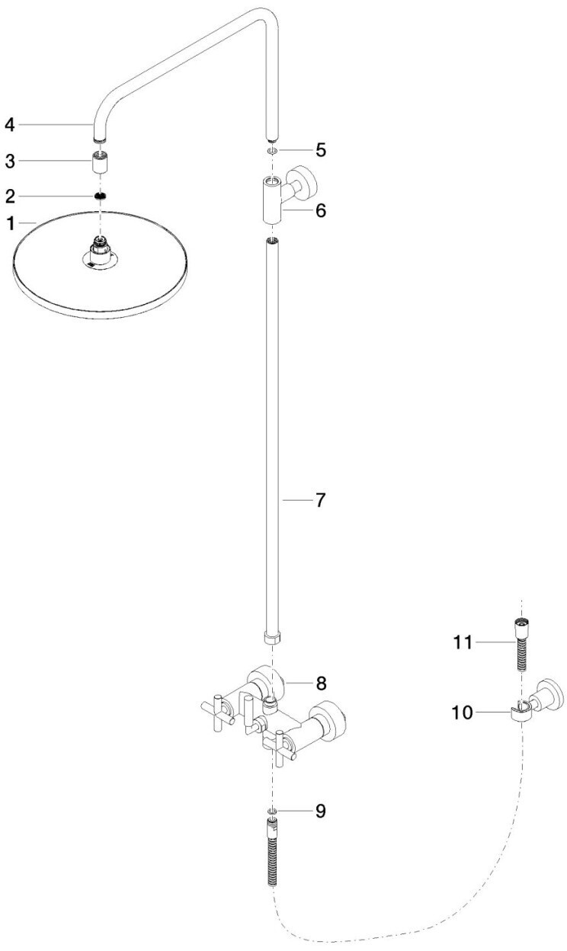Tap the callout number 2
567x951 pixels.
10,196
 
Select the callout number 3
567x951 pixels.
10,161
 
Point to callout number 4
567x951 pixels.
10,123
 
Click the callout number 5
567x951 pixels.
321,149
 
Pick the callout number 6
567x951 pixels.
321,210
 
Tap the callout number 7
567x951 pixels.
321,501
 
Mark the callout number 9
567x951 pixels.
321,811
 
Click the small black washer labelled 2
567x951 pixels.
99,196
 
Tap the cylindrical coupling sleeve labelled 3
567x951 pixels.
99,162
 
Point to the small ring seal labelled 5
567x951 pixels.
271,150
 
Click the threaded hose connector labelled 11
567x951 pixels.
521,645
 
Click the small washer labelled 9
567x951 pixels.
271,811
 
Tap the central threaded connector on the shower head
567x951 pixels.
99,247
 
